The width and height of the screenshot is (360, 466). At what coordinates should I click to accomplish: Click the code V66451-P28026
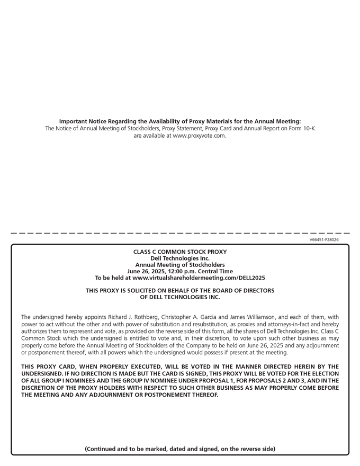tap(324, 239)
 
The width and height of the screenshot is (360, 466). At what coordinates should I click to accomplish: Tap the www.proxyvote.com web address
tap(199, 136)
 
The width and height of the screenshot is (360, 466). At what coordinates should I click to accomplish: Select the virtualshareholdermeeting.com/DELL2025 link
tap(199, 277)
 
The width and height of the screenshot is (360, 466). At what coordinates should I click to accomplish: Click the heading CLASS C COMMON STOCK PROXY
tap(180, 252)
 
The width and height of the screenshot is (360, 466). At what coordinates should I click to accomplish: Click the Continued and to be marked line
tap(180, 449)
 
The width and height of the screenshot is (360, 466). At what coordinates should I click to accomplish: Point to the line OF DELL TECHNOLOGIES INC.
tap(180, 297)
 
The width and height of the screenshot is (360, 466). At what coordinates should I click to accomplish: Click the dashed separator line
tap(180, 233)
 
